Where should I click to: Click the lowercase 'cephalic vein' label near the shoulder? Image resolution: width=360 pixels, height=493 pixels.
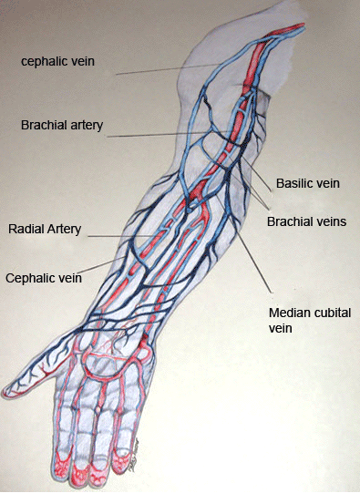[x=57, y=61]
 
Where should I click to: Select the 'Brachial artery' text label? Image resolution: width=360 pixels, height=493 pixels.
[x=62, y=125]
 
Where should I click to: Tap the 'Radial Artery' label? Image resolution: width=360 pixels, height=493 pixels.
[x=45, y=229]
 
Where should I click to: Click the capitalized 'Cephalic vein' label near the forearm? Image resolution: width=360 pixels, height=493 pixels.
[x=44, y=278]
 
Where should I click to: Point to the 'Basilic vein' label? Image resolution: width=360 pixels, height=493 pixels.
[x=308, y=183]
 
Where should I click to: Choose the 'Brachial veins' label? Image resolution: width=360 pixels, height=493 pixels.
[x=306, y=221]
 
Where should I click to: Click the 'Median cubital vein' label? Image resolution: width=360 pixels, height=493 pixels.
[x=310, y=320]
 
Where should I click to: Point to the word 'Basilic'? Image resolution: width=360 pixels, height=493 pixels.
[x=293, y=183]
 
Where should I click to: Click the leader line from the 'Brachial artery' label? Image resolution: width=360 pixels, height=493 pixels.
[x=170, y=134]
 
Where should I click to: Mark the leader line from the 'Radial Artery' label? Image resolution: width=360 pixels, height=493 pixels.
[x=120, y=235]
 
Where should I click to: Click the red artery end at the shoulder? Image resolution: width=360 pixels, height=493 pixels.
[x=302, y=26]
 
